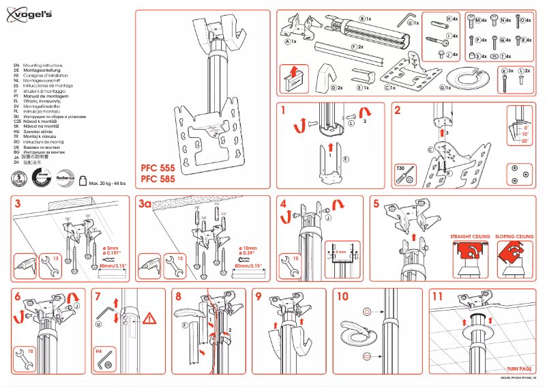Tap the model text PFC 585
point(158,180)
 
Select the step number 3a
point(145,203)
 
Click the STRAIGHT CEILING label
point(470,236)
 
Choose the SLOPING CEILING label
point(514,236)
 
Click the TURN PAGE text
point(519,369)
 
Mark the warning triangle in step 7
point(151,317)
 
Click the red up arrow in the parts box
point(293,72)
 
